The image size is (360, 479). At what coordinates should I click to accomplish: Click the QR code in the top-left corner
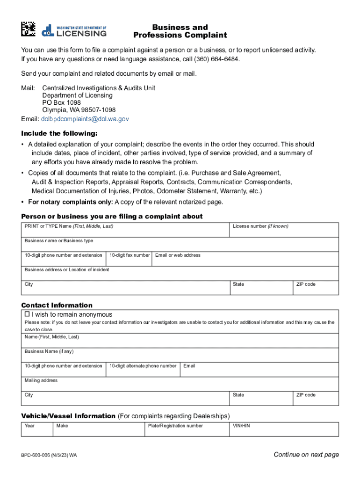coord(28,29)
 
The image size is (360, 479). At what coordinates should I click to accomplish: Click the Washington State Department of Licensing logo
coord(74,30)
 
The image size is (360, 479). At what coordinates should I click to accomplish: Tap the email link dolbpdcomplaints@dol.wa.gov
coord(85,119)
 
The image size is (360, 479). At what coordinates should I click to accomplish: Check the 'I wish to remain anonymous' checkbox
coord(27,314)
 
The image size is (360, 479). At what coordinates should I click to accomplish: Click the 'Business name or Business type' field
coord(180,245)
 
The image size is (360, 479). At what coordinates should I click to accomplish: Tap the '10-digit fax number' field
coord(129,259)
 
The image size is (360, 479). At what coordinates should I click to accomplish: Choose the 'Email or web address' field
coord(245,259)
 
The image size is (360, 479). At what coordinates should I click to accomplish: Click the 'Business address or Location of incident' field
coord(180,274)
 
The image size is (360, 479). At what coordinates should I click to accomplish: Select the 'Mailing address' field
coord(180,384)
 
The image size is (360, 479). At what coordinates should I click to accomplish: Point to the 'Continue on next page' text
coord(306,455)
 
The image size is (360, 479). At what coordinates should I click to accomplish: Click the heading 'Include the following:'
coord(59,133)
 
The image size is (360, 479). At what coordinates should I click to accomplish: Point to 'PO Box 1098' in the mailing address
coord(61,102)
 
